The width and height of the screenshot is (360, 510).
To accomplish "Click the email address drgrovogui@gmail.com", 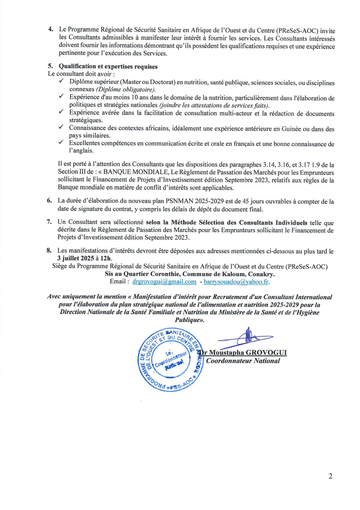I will click(x=164, y=281).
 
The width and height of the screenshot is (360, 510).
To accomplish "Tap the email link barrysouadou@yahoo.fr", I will click(x=236, y=282).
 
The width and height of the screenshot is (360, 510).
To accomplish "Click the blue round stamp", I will click(x=170, y=359).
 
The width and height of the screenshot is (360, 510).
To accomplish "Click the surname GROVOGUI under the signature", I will click(x=266, y=353).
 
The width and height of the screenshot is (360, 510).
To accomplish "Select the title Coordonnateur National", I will click(x=243, y=361).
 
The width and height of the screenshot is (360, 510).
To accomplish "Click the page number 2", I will click(x=330, y=476).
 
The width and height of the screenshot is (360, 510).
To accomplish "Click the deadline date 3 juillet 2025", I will click(x=75, y=258).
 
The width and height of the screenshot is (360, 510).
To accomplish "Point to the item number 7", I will click(x=49, y=222).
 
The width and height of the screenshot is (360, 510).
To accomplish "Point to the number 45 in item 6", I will click(x=246, y=201).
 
